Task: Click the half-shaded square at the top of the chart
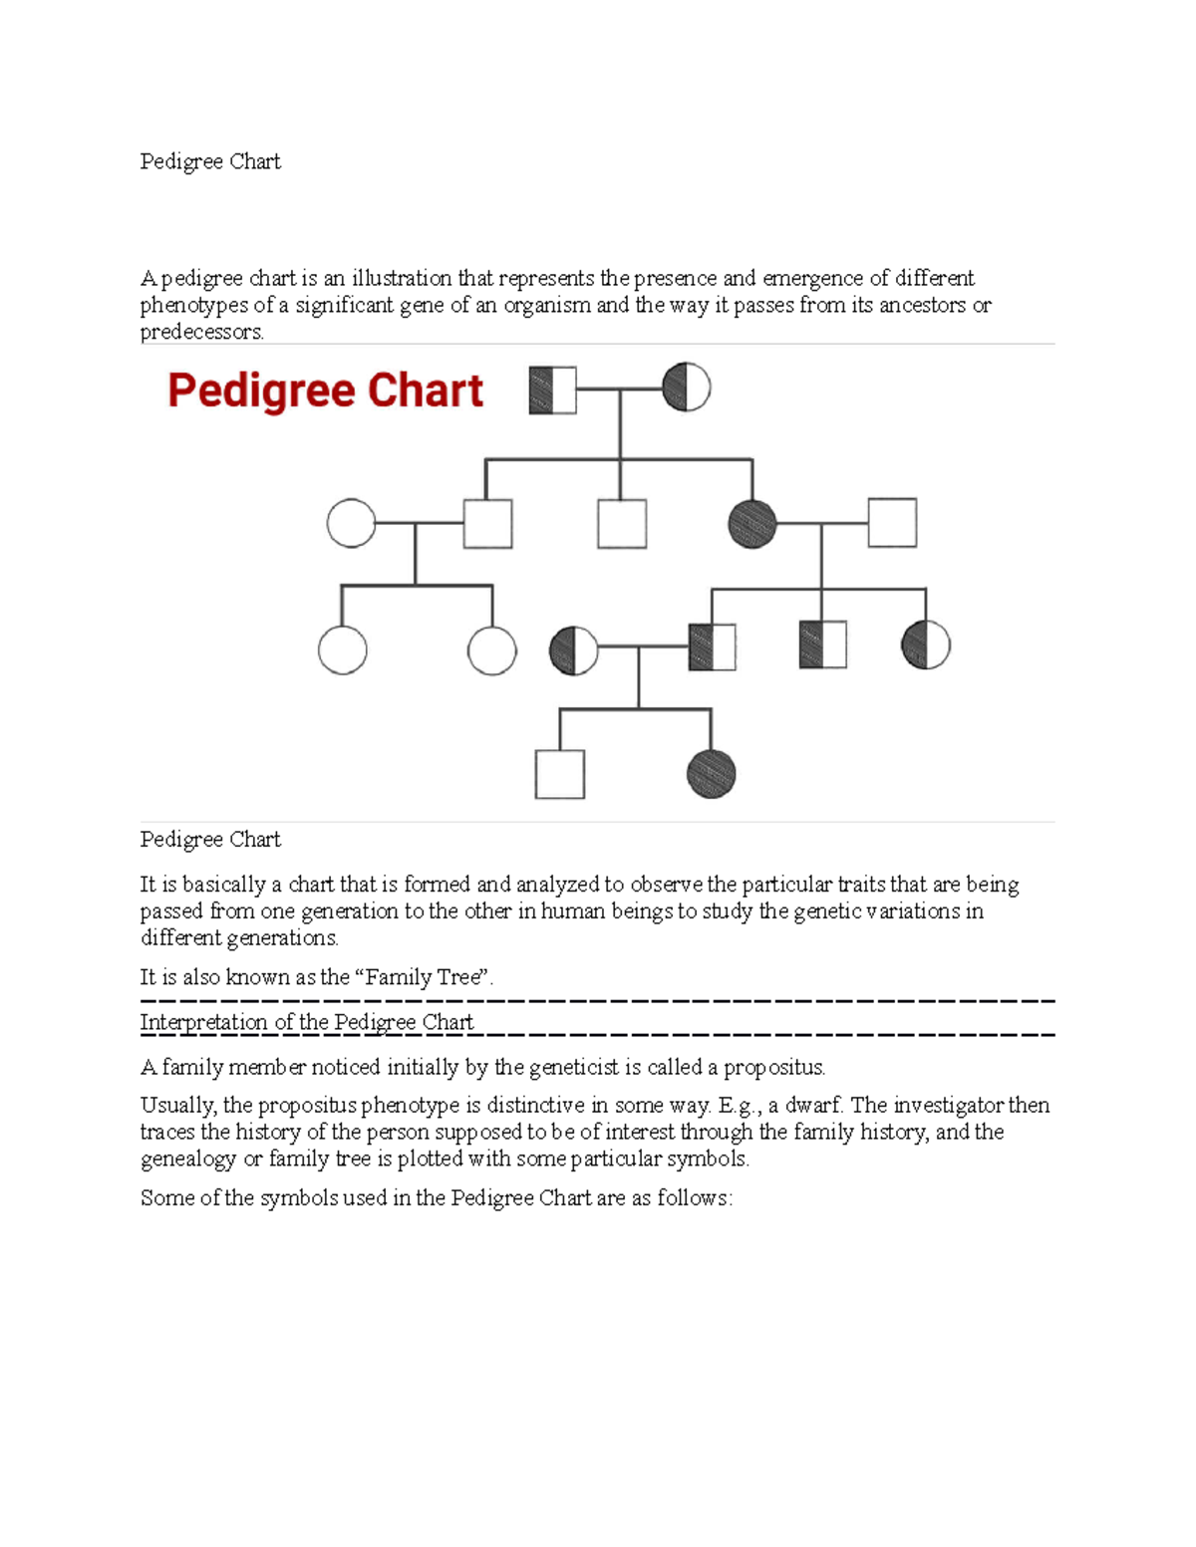(553, 389)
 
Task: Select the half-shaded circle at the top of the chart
(687, 387)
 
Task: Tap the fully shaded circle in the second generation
(752, 524)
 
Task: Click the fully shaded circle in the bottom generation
(712, 774)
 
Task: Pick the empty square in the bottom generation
(560, 774)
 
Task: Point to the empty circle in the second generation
(352, 523)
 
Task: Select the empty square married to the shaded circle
(892, 523)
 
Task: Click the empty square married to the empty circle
(488, 524)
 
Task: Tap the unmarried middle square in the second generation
(622, 524)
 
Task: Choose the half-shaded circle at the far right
(926, 645)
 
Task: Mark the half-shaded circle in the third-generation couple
(574, 650)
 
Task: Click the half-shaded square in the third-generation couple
(713, 647)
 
